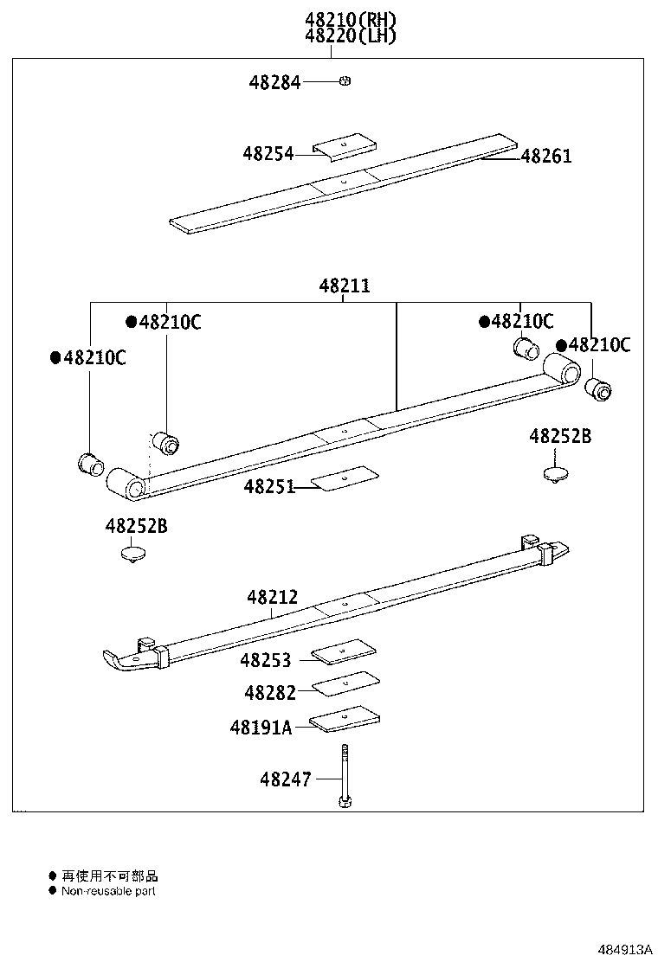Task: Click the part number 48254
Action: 268,154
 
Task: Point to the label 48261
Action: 546,157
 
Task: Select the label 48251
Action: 269,487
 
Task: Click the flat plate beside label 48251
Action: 345,478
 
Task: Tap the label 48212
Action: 272,597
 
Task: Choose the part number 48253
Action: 266,661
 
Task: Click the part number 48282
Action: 269,693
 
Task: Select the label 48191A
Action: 261,728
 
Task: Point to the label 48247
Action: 285,779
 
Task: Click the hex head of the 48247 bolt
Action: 344,804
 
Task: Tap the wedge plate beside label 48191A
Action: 345,717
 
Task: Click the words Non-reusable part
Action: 108,891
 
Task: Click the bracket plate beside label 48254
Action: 345,146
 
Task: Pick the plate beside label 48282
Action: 345,683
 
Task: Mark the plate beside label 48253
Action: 345,651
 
